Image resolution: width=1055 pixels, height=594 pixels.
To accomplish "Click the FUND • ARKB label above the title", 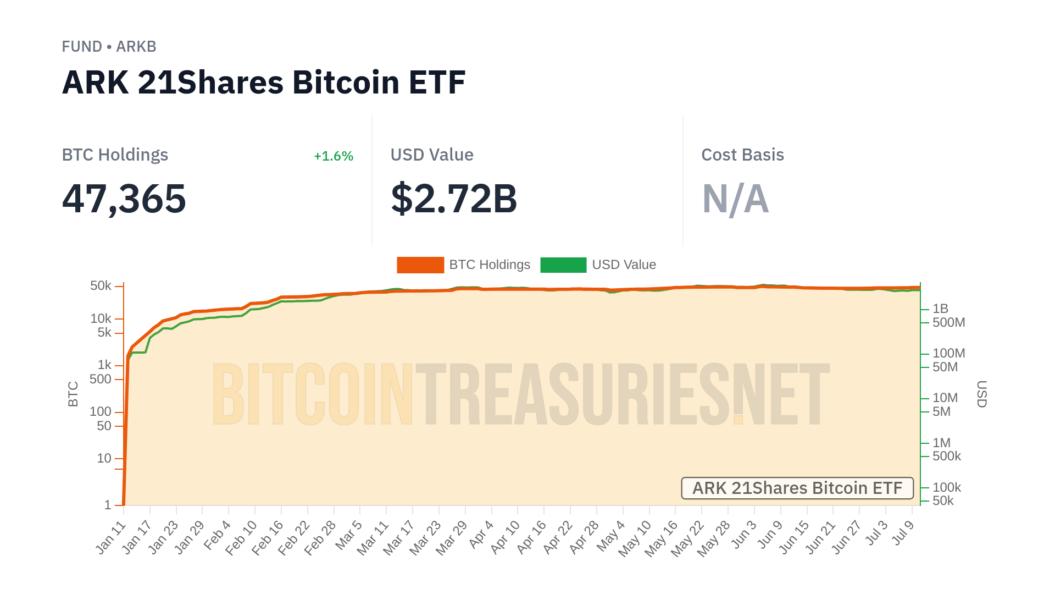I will point(109,47).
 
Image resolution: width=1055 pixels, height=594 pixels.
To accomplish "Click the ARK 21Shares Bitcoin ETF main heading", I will point(264,82).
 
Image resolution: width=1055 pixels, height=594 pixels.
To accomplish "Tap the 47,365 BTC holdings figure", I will point(124,199).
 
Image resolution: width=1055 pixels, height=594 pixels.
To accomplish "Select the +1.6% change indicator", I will point(333,156).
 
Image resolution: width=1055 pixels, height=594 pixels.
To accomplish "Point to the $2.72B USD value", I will point(454,199).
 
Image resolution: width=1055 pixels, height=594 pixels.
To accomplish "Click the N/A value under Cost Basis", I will point(735,199).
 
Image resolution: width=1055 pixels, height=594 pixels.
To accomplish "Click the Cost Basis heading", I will point(742,155).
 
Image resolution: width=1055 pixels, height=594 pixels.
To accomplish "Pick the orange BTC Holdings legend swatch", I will point(420,265).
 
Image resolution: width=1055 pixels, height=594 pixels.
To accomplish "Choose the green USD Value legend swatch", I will point(563,265).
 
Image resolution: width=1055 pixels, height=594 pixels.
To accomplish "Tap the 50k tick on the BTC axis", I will point(101,286).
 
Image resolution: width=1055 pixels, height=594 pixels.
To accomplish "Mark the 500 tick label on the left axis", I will point(101,379).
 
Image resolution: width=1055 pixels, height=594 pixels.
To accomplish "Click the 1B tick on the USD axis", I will point(941,309).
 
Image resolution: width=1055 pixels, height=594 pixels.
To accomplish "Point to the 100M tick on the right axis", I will point(949,353).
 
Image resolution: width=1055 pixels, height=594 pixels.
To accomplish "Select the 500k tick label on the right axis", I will point(947,456).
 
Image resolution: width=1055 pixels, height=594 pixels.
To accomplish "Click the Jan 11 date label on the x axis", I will point(112,537).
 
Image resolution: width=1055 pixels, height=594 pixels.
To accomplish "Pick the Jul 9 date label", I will point(904,532).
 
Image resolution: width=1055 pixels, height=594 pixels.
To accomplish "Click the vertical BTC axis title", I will point(73,394).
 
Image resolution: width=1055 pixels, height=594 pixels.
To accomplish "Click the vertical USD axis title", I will point(982,394).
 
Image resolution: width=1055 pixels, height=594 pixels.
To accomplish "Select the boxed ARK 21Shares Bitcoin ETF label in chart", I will point(797,488).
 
